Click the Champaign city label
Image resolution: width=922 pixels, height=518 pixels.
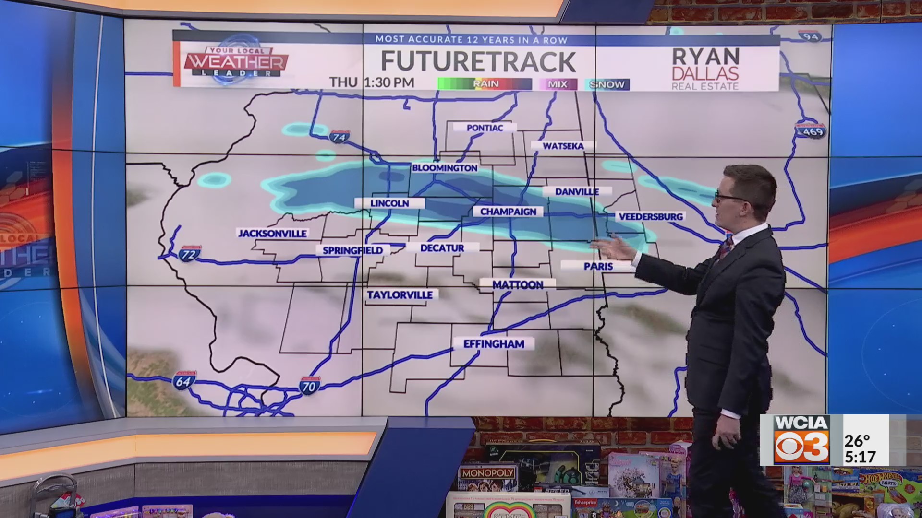coord(508,212)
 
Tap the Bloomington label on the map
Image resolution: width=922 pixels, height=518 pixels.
coord(445,168)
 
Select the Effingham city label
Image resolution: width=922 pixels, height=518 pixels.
coord(493,344)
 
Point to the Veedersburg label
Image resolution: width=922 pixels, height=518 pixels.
coord(650,217)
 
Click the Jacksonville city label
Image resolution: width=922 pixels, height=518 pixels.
coord(272,234)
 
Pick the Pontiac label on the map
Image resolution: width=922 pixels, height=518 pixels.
coord(485,128)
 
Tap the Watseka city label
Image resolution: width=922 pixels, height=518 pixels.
coord(563,146)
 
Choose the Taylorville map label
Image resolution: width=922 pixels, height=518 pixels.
coord(400,295)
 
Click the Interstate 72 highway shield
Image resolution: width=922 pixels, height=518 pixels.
coord(189,254)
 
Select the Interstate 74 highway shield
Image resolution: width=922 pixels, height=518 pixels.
coord(339,137)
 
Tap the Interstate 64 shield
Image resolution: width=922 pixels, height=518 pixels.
coord(184,381)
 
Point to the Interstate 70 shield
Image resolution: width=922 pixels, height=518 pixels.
coord(309,386)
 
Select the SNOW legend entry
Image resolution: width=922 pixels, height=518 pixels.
coord(607,84)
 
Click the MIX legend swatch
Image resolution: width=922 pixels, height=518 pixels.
coord(557,84)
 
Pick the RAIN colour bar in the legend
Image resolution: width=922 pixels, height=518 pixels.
coord(485,84)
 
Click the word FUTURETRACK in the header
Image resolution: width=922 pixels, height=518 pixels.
coord(478,61)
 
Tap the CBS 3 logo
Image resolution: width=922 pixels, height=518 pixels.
coord(801,447)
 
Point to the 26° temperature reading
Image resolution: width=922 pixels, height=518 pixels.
coord(857,440)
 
